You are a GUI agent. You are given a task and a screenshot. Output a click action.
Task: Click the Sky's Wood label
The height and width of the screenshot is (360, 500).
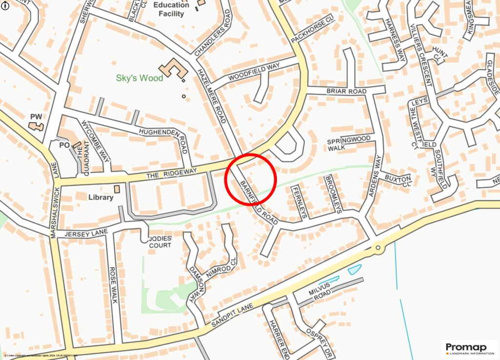click(139, 78)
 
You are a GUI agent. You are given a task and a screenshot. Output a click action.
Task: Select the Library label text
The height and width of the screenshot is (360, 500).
click(101, 197)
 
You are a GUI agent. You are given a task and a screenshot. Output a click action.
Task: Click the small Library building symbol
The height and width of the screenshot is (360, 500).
click(116, 189)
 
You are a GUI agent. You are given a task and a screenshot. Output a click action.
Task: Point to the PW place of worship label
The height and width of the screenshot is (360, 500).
click(37, 117)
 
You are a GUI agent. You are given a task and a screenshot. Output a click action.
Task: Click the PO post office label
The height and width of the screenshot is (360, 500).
click(64, 146)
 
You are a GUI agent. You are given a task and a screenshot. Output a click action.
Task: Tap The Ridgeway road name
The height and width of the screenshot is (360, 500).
click(172, 173)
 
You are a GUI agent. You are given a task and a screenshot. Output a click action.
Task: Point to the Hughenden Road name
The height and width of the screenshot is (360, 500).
click(163, 138)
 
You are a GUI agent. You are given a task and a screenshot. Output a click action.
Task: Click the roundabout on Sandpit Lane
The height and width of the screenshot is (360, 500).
click(378, 249)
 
